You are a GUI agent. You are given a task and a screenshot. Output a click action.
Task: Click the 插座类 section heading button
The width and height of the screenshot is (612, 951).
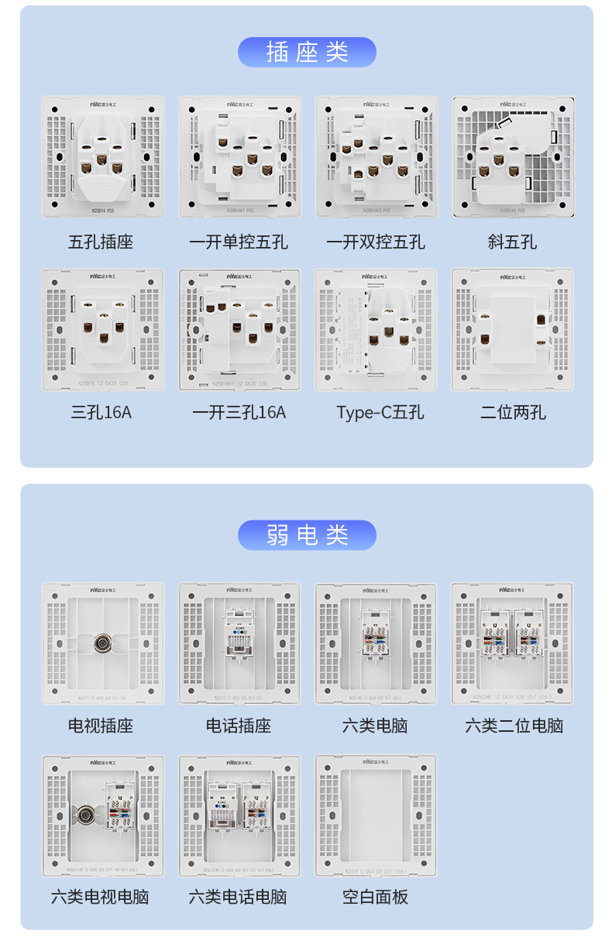coord(307,52)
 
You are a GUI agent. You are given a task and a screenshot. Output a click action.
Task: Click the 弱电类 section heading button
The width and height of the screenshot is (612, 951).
coord(307,535)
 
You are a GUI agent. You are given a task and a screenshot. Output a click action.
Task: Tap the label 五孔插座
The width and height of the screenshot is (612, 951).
coord(101,242)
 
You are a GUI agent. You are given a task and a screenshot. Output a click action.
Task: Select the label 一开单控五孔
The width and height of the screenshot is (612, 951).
coord(239,242)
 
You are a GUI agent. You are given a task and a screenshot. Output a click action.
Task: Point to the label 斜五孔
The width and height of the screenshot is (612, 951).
coord(512,242)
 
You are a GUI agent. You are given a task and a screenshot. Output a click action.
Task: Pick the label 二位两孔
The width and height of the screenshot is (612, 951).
coord(512,413)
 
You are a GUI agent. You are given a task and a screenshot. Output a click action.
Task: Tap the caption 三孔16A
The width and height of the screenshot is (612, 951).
coord(101,413)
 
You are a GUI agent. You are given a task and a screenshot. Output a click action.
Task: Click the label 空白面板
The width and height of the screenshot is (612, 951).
coord(376,897)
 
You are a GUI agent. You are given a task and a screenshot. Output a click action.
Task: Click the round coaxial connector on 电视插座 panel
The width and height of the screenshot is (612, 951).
coord(101,642)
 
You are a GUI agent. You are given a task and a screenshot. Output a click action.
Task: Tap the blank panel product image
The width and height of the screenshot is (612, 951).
coord(376,815)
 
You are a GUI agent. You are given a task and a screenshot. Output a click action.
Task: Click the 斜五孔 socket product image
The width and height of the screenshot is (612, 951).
coord(513,156)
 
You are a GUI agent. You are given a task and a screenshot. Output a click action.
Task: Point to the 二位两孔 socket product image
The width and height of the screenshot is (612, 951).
coord(513,329)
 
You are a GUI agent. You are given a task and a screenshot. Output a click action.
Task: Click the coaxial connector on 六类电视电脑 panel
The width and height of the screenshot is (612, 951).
coord(86,814)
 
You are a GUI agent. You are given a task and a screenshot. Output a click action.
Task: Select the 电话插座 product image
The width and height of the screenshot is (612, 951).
coord(239,643)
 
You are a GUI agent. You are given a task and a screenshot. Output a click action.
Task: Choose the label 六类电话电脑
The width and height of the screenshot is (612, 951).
coord(238,897)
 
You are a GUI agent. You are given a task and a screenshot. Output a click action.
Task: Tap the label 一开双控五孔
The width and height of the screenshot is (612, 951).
coord(376,242)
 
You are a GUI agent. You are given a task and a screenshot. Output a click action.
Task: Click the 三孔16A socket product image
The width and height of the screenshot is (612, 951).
coord(102,329)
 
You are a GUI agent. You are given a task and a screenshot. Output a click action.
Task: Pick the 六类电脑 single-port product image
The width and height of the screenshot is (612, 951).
coord(376,643)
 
